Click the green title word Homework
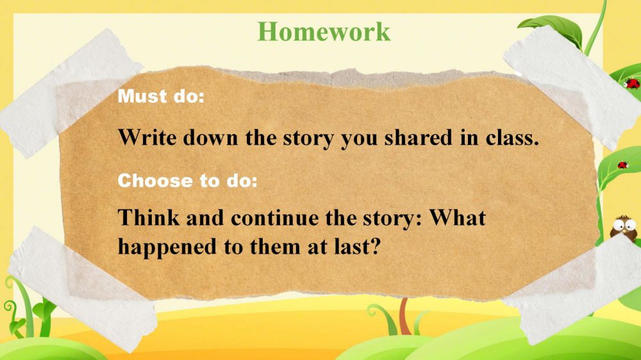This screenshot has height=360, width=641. (x=324, y=31)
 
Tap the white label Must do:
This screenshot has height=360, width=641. (x=161, y=97)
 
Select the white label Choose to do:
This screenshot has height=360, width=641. (x=188, y=181)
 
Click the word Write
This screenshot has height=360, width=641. (x=147, y=137)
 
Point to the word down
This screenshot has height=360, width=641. (x=210, y=137)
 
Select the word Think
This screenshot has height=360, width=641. (x=149, y=217)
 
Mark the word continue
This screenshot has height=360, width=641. (x=275, y=218)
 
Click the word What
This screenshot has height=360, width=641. (x=457, y=217)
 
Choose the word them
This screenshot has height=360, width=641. (x=275, y=247)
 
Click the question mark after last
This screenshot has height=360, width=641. (x=375, y=247)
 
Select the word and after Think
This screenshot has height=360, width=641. (x=205, y=217)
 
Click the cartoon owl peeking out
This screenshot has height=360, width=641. (x=624, y=227)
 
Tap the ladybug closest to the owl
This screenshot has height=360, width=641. (x=622, y=165)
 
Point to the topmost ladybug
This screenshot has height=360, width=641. (x=631, y=84)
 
